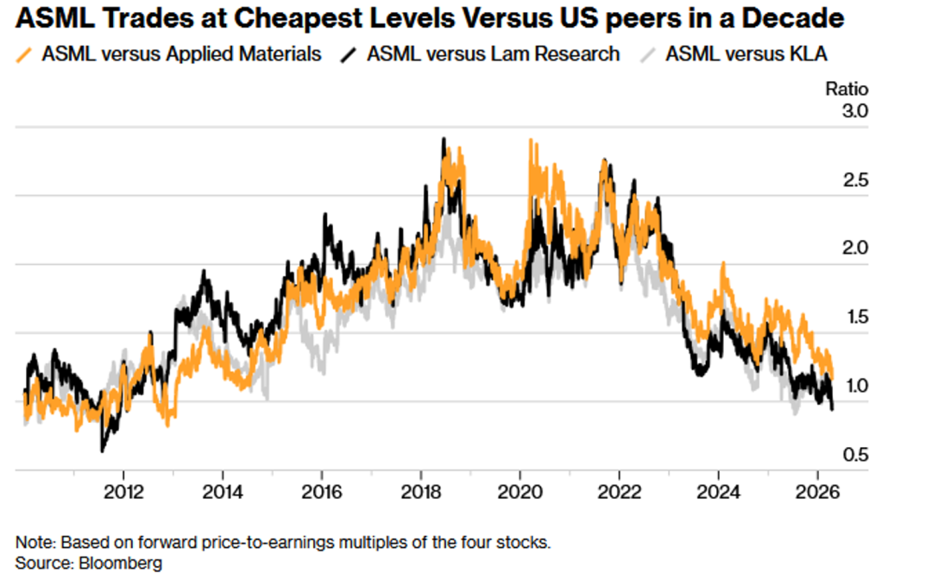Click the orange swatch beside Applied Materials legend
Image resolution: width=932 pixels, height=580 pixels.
click(24, 54)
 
